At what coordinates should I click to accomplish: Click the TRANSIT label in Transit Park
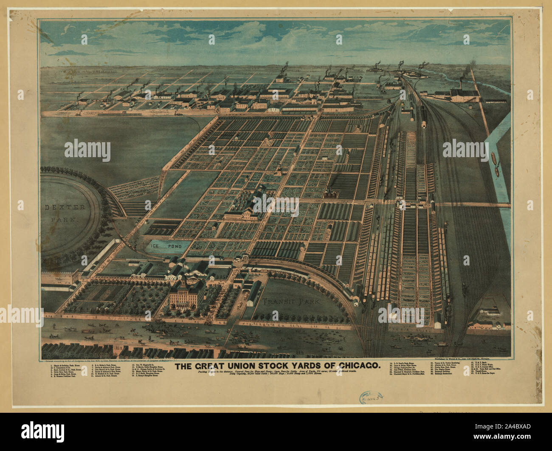point(277,302)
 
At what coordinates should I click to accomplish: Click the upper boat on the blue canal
point(494,158)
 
